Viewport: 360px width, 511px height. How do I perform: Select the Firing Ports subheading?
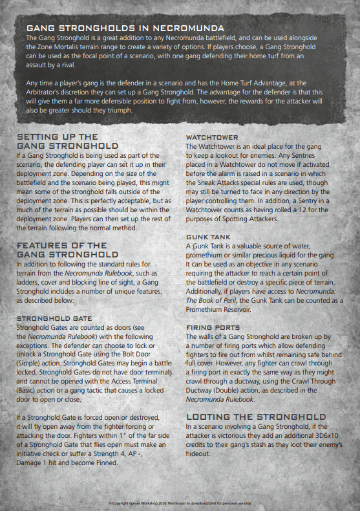213,328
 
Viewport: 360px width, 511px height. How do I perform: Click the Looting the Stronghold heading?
256,417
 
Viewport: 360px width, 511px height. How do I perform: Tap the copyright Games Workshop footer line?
180,503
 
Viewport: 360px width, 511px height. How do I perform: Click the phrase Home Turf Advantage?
245,83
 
